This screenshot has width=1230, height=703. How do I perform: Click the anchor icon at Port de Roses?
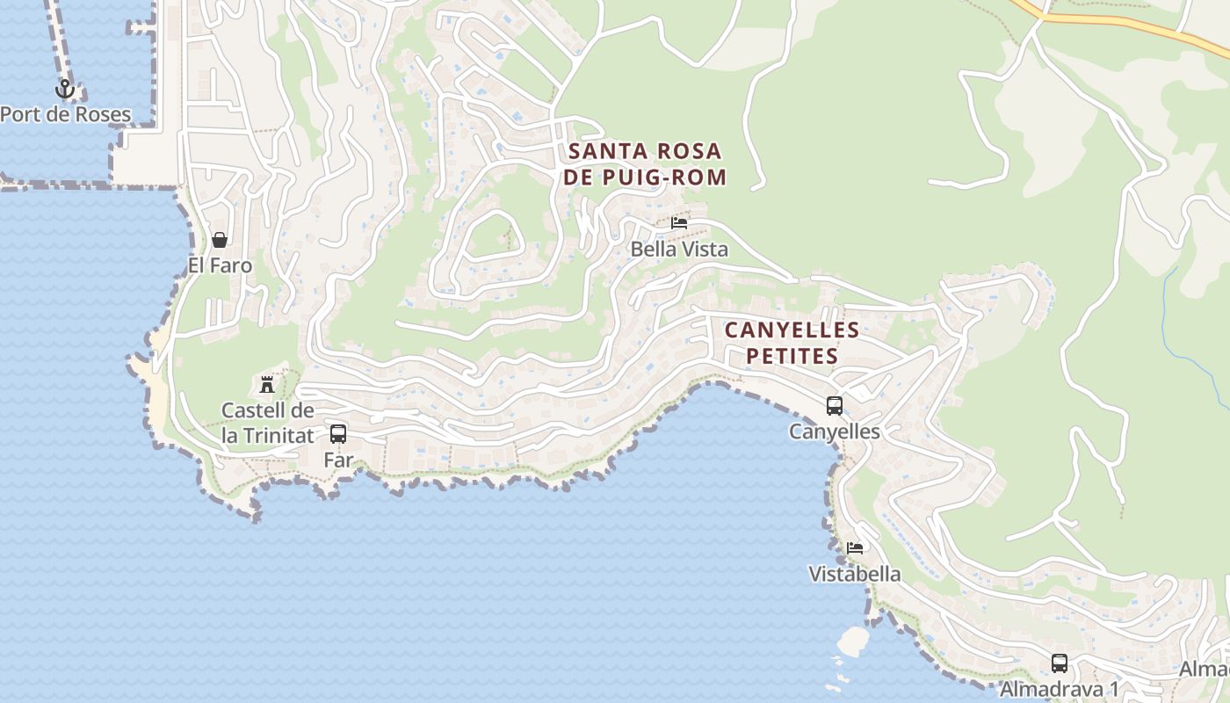(64, 89)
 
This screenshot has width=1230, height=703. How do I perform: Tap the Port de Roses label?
(65, 114)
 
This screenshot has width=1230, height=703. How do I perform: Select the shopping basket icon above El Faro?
(220, 240)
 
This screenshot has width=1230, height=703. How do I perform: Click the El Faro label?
(220, 265)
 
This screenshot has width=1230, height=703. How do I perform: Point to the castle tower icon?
(267, 384)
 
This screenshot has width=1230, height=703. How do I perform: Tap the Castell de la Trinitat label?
(267, 422)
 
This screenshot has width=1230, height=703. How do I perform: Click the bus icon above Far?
(338, 433)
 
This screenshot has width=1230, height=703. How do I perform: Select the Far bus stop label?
(338, 459)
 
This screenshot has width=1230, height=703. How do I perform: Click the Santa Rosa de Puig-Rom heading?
(647, 163)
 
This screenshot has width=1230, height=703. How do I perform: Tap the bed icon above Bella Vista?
(679, 223)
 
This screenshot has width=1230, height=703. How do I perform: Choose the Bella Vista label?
(679, 249)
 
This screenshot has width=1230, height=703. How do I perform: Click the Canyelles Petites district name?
(792, 343)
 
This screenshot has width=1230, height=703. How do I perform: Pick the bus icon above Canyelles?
(835, 406)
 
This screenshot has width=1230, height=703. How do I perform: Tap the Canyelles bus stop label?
(835, 431)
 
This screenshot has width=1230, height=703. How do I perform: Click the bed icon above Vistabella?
(855, 548)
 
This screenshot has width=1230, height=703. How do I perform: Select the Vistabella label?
(855, 574)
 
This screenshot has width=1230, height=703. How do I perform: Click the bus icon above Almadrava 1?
(1060, 663)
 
